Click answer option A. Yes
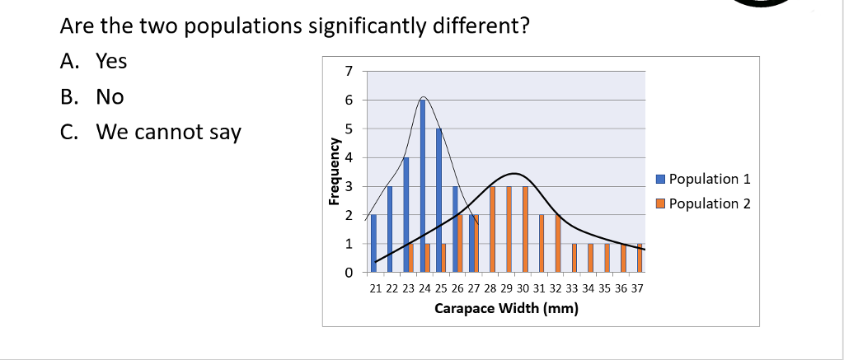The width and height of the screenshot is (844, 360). (95, 62)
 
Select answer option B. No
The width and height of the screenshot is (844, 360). (92, 96)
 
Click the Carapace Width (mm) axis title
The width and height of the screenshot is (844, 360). (506, 309)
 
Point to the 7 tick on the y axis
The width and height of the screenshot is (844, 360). (349, 72)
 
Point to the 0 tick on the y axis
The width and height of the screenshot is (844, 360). (349, 272)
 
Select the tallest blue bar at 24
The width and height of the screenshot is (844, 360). (423, 185)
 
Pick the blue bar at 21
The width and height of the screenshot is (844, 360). (373, 243)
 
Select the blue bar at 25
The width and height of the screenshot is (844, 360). (439, 200)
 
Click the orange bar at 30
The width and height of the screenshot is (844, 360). (525, 229)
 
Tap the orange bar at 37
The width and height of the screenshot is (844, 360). (640, 258)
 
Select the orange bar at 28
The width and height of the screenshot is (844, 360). (492, 229)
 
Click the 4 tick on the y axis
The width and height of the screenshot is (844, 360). (349, 157)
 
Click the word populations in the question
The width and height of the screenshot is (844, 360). (246, 26)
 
